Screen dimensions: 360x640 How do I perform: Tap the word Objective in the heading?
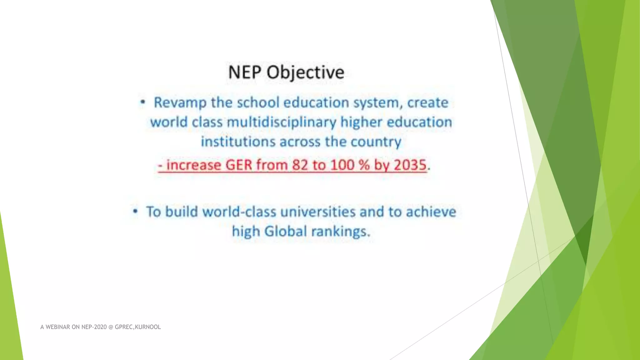coord(305,73)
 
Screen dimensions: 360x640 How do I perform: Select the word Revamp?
coord(180,103)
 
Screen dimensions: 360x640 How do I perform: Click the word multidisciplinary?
coord(281,122)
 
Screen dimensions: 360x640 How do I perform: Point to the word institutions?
coord(238,142)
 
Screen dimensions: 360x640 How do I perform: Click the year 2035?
coord(410,165)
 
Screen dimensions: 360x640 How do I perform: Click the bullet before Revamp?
coord(142,102)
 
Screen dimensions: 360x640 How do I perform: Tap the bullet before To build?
coord(135,212)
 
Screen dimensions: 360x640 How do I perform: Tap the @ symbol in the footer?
coord(111,327)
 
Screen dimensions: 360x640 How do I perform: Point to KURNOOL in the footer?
coord(148,327)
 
